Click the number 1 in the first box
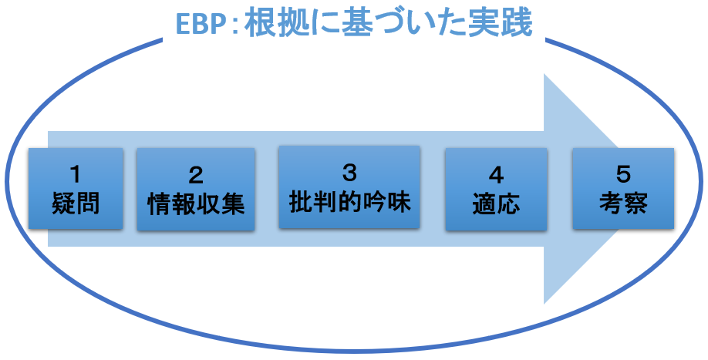tap(76, 174)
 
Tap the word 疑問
tap(76, 203)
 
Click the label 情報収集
tap(196, 204)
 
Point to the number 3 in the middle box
tap(349, 173)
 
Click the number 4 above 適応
tap(496, 176)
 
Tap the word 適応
tap(496, 204)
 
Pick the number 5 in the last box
tap(623, 174)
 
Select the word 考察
tap(623, 202)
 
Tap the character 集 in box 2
tap(233, 204)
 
